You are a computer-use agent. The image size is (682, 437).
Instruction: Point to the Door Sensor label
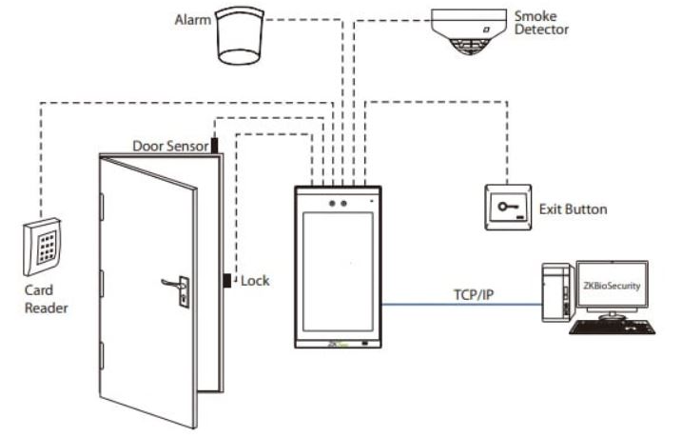click(x=169, y=147)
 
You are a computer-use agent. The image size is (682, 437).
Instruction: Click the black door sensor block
click(x=215, y=145)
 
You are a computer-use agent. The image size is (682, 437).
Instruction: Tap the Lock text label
click(x=255, y=281)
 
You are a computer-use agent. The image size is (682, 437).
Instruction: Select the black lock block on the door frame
click(x=228, y=281)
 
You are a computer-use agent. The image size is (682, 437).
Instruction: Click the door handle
click(x=172, y=284)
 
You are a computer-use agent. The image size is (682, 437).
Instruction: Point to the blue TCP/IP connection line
click(x=457, y=304)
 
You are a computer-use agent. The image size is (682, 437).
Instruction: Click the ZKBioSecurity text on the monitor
click(x=613, y=284)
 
